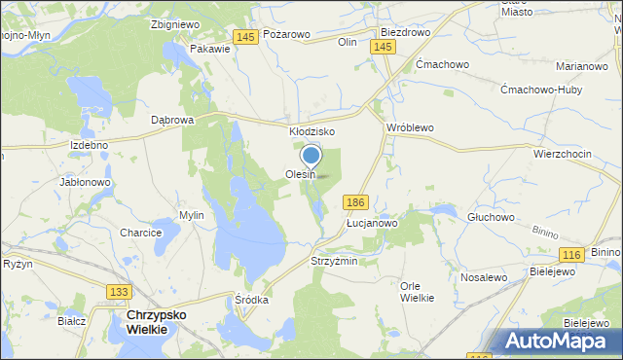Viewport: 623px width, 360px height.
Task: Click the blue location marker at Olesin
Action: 311,156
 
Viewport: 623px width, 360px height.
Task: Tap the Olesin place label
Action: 300,175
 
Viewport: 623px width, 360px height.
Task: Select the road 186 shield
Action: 355,200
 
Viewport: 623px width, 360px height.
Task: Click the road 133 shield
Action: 119,292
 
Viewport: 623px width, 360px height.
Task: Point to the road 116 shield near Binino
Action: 571,254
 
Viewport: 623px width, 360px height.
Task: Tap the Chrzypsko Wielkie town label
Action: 147,323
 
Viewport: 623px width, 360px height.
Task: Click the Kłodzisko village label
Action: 311,131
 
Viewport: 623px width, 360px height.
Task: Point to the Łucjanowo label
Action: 373,223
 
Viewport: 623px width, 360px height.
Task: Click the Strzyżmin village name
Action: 334,262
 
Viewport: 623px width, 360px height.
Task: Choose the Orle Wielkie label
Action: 417,291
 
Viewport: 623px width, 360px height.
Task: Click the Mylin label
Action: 191,215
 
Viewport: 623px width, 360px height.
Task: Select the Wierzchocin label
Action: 563,154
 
